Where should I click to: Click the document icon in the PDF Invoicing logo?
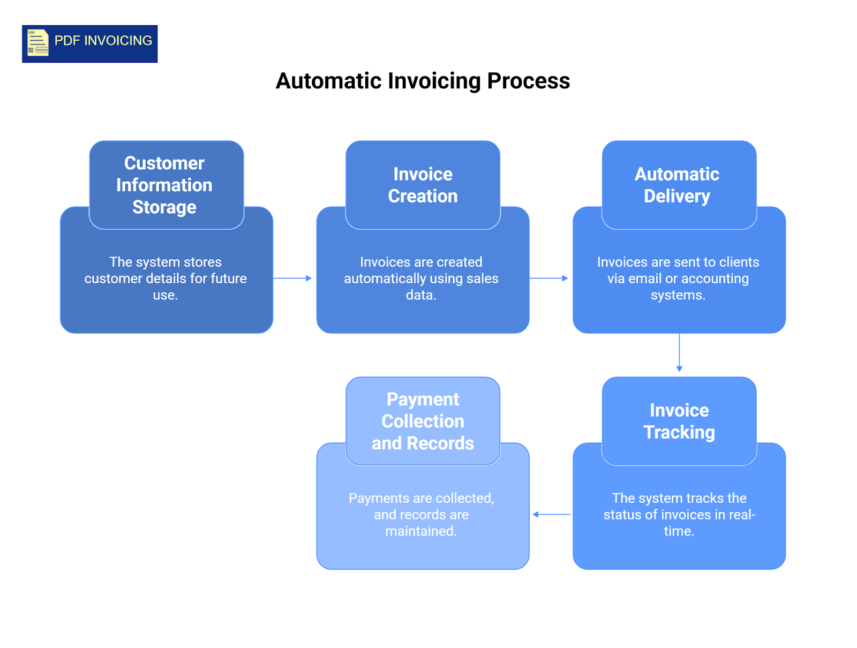click(37, 43)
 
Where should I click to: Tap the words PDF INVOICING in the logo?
click(103, 41)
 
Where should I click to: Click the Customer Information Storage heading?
click(164, 185)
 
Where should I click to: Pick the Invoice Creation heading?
click(423, 185)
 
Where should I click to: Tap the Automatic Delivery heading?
click(677, 185)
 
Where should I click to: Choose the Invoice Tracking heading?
click(679, 421)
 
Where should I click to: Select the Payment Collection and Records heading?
click(423, 421)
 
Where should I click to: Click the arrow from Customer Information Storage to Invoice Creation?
click(292, 278)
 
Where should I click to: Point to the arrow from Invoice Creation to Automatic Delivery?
click(548, 278)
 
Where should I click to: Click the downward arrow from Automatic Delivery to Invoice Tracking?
click(679, 352)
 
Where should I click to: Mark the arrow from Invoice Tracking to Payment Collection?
click(552, 515)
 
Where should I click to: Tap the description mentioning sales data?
click(421, 278)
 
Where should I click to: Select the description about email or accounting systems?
click(678, 278)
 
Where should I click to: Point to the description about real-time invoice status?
click(679, 515)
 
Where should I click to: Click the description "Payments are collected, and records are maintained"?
click(421, 515)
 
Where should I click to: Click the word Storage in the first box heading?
click(164, 207)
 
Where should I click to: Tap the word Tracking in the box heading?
click(679, 432)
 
